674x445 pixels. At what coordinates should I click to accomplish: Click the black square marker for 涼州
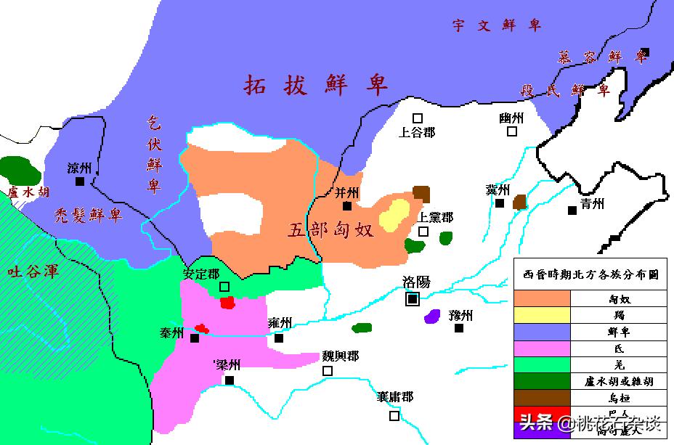pyautogui.click(x=79, y=181)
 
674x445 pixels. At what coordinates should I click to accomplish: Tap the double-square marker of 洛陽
pyautogui.click(x=413, y=298)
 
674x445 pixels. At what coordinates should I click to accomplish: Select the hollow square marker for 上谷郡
pyautogui.click(x=418, y=118)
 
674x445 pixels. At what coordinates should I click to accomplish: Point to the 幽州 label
pyautogui.click(x=511, y=118)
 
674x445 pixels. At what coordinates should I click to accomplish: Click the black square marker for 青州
pyautogui.click(x=572, y=211)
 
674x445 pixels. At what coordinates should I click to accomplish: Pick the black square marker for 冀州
pyautogui.click(x=500, y=203)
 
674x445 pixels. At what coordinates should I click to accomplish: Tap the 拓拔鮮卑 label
pyautogui.click(x=317, y=85)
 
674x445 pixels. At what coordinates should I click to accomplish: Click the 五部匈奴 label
pyautogui.click(x=330, y=230)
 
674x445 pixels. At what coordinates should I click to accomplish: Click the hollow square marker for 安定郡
pyautogui.click(x=224, y=287)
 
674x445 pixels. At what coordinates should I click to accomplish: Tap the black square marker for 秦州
pyautogui.click(x=195, y=338)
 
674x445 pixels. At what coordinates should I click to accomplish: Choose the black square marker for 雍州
pyautogui.click(x=279, y=338)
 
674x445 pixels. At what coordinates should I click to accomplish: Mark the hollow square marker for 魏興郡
pyautogui.click(x=328, y=371)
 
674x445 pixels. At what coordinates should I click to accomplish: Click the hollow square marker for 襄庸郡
pyautogui.click(x=394, y=416)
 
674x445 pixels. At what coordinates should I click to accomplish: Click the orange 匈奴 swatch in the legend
pyautogui.click(x=543, y=298)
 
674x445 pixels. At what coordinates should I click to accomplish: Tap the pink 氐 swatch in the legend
pyautogui.click(x=543, y=348)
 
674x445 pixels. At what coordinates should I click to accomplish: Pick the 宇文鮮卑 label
pyautogui.click(x=497, y=26)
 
